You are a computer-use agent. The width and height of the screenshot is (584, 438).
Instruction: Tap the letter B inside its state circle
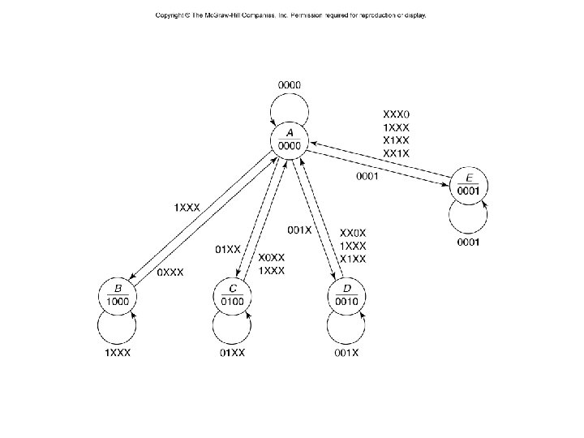[x=118, y=288]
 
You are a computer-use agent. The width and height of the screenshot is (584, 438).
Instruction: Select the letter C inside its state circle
[x=233, y=288]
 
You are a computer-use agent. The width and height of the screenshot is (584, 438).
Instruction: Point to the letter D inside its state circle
[x=348, y=288]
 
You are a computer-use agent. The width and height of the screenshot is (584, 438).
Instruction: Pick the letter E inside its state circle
[x=468, y=178]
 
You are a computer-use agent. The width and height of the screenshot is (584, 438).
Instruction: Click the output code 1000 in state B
[x=118, y=301]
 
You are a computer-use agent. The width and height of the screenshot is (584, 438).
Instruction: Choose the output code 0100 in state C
[x=233, y=301]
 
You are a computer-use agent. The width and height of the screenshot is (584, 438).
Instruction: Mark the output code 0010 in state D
[x=348, y=301]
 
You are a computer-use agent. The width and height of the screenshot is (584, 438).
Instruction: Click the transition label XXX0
[x=397, y=114]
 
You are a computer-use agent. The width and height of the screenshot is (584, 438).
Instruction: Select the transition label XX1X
[x=397, y=153]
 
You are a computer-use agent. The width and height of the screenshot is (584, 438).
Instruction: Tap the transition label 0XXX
[x=170, y=273]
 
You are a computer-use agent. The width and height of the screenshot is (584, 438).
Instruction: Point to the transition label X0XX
[x=271, y=258]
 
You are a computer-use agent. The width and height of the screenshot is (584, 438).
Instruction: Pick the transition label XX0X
[x=352, y=232]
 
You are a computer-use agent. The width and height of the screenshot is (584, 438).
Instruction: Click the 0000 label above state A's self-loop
[x=290, y=84]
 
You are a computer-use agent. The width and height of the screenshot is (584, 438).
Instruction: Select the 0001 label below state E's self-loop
[x=468, y=242]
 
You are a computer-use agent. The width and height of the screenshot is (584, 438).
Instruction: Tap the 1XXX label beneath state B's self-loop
[x=118, y=353]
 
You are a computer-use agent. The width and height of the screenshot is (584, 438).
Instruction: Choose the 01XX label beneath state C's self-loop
[x=233, y=353]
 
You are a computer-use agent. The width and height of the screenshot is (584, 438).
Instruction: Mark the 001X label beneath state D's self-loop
[x=348, y=353]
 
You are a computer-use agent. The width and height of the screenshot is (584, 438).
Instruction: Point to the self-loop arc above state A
[x=290, y=97]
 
